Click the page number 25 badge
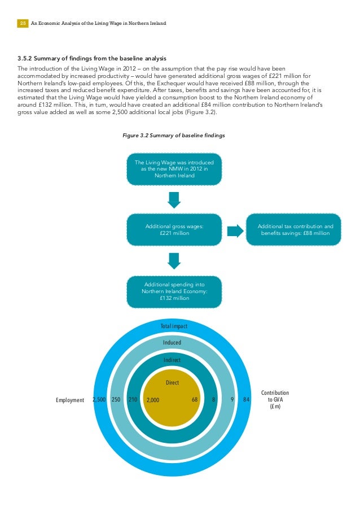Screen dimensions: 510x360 23,24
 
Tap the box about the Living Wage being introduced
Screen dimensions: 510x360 174,169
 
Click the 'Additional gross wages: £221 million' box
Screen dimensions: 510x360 174,229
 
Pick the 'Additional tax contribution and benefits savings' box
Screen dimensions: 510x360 293,229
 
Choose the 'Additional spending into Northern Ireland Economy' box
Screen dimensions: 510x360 174,291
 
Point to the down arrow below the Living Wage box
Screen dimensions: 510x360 174,199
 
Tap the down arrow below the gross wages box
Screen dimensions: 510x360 174,260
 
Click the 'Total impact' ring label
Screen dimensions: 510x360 174,326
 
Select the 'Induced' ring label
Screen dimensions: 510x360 172,342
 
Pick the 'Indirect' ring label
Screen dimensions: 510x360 172,360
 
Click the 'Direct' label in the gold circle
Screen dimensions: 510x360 172,382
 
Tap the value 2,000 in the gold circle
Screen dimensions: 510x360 153,400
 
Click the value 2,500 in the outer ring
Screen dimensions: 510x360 99,400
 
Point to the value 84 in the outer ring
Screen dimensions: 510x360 246,400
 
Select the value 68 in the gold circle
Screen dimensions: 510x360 195,400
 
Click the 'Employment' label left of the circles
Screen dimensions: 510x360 69,400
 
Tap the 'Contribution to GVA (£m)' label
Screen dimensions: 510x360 275,399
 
